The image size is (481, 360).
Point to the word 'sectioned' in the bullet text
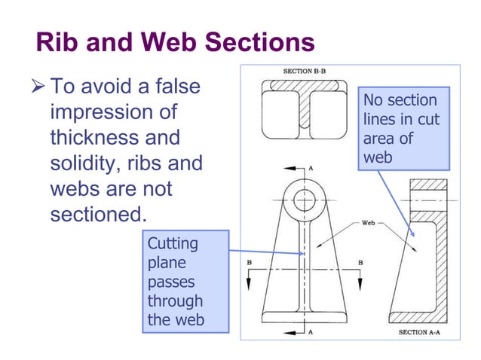97,214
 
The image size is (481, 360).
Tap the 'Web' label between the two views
369,223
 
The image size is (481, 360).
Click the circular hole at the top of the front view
305,200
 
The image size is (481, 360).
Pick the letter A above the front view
311,168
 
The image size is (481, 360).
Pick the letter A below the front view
311,331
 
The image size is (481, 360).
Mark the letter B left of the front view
249,262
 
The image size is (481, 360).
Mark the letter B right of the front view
360,262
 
